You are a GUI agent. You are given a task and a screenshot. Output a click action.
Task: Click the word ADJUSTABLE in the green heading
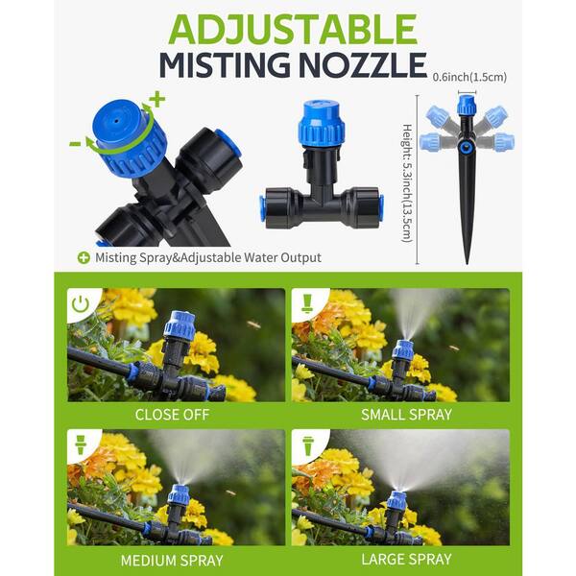click(x=293, y=29)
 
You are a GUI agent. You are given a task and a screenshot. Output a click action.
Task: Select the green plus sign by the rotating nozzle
click(x=157, y=99)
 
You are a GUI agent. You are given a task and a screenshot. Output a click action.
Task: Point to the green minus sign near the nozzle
click(x=75, y=144)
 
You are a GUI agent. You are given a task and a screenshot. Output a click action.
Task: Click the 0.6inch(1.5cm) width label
click(x=469, y=77)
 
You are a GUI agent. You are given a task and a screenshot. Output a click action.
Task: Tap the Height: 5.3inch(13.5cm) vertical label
click(x=407, y=182)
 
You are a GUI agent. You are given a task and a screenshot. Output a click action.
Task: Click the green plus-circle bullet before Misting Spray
click(x=84, y=258)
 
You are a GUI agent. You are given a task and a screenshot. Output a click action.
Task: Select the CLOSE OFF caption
click(x=172, y=415)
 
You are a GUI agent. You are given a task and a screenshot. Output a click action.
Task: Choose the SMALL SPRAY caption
click(x=406, y=415)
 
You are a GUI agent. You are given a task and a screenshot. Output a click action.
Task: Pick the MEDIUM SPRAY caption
click(x=172, y=561)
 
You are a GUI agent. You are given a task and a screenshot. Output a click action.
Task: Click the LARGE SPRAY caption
click(x=406, y=560)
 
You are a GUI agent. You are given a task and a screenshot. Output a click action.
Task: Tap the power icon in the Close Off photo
click(x=81, y=304)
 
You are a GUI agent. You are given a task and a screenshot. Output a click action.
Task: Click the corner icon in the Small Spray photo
click(x=307, y=303)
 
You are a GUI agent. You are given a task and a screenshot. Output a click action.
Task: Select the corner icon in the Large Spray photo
click(x=308, y=445)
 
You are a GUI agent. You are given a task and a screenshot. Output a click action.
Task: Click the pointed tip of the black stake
click(x=467, y=263)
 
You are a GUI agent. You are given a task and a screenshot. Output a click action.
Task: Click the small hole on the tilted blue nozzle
click(x=116, y=120)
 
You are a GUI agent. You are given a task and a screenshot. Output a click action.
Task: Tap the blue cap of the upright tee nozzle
click(x=322, y=125)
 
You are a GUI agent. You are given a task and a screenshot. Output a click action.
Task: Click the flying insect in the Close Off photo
click(x=253, y=324)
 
